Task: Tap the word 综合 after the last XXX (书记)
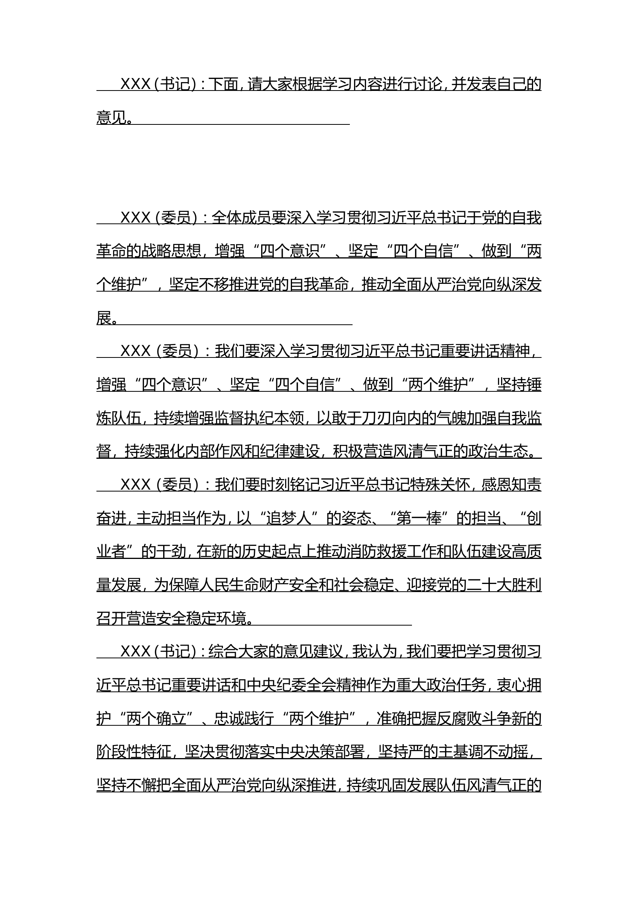(x=223, y=652)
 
